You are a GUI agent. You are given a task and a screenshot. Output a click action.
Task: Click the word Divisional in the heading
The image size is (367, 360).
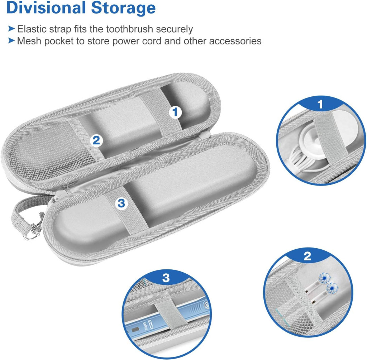coord(46,8)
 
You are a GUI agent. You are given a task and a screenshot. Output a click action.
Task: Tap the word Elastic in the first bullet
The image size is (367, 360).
coord(32,29)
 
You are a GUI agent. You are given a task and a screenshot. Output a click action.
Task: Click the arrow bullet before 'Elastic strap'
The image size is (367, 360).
coord(11,29)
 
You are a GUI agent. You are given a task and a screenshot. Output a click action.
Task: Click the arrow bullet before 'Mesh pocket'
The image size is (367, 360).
coord(11,40)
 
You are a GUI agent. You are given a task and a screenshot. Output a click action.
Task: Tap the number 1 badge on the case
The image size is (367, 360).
coord(175,112)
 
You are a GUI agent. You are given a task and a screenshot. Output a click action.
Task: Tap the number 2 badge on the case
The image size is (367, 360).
coord(96,140)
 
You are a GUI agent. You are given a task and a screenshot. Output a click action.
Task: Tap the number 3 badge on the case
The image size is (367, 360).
coord(121,203)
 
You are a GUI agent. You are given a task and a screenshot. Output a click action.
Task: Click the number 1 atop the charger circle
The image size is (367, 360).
coord(320,104)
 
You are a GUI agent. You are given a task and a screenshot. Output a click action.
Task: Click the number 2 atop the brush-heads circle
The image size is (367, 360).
coord(307,256)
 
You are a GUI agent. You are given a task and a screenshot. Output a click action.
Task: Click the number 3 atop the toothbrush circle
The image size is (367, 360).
coord(166,278)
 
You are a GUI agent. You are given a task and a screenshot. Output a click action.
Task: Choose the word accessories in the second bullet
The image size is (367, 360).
coord(235,41)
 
